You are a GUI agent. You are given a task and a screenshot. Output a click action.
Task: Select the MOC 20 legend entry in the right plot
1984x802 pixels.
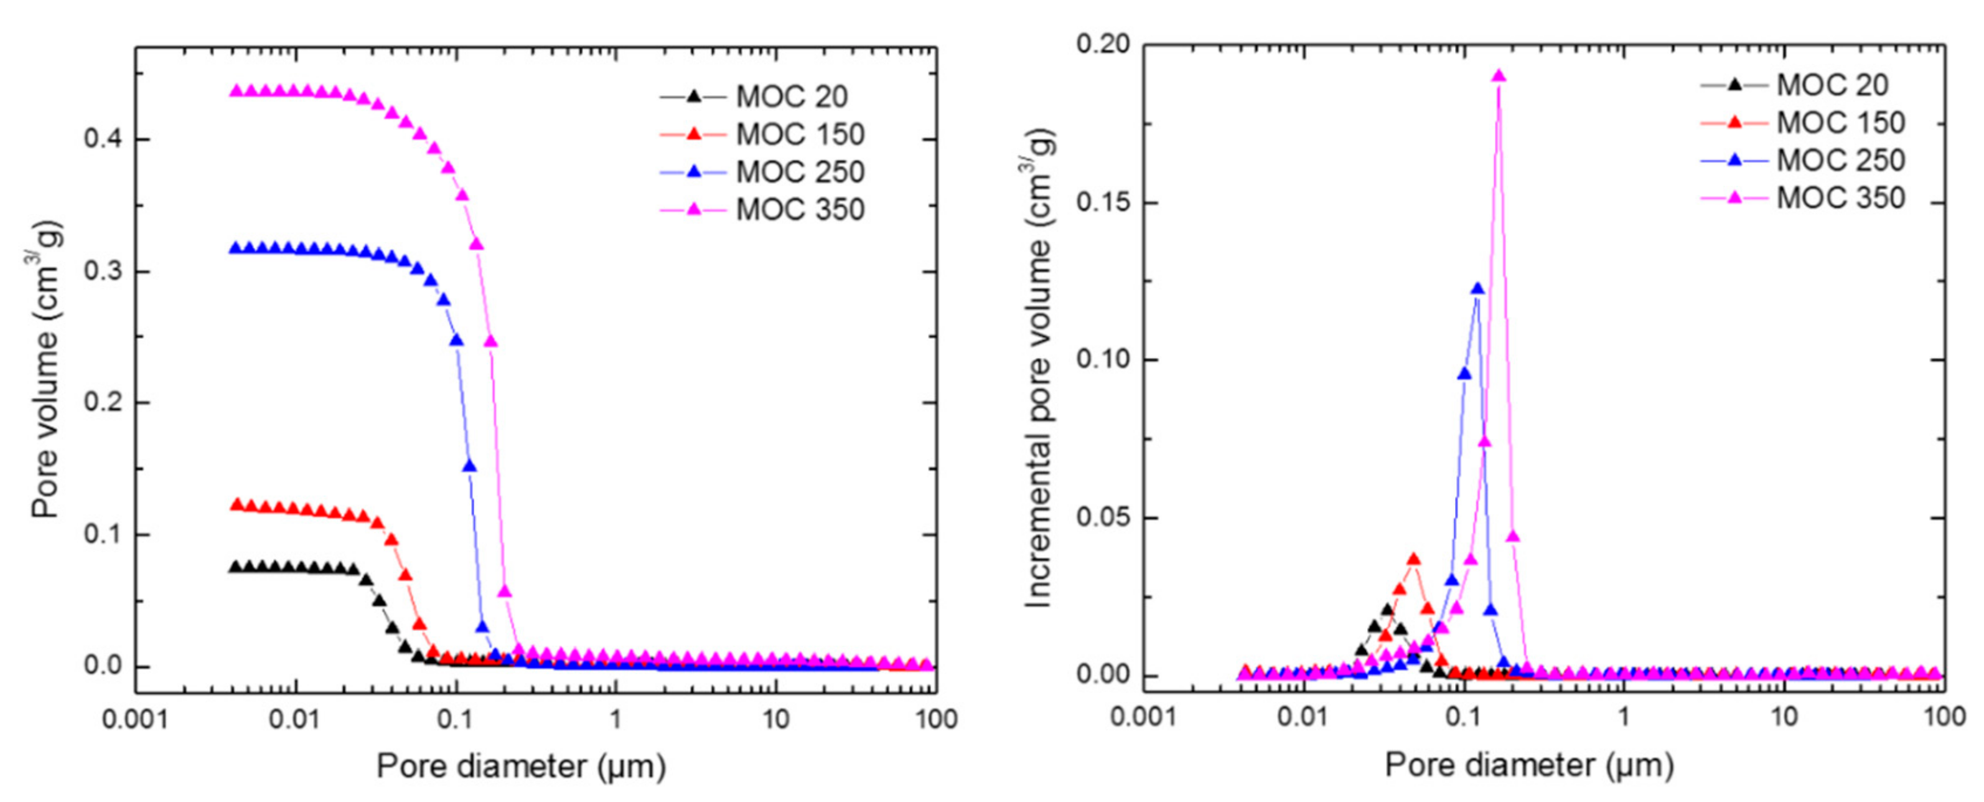point(1832,85)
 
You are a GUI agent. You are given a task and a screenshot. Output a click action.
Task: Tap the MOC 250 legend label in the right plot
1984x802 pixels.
point(1840,160)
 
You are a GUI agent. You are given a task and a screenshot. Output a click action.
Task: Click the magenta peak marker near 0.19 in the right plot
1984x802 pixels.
point(1498,75)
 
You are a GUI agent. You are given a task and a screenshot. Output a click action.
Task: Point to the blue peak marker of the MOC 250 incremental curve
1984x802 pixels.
point(1476,289)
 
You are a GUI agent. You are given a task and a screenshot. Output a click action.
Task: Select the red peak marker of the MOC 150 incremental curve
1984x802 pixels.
point(1413,559)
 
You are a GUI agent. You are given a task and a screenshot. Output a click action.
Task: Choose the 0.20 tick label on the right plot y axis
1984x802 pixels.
point(1102,45)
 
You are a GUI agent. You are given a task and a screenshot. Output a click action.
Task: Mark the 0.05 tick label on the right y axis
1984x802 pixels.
point(1102,517)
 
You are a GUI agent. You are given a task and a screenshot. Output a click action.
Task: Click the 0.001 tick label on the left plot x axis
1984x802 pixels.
point(135,720)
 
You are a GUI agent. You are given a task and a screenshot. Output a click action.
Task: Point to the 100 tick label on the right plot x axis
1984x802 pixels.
point(1944,717)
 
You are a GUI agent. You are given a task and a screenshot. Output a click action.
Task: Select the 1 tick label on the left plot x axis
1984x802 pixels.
point(615,720)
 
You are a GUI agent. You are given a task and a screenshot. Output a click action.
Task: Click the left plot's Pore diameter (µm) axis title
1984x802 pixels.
point(521,767)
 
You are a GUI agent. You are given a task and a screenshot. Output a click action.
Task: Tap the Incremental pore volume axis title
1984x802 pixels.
point(1039,368)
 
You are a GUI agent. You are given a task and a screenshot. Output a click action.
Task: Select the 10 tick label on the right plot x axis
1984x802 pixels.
point(1784,717)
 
